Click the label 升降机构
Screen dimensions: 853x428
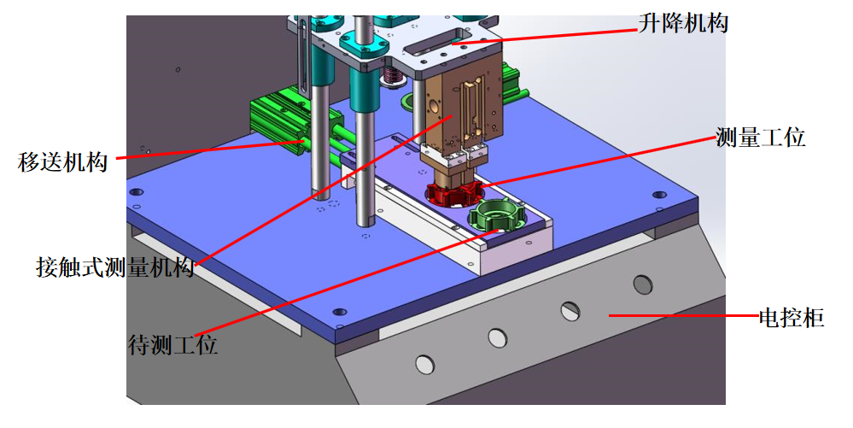pos(683,23)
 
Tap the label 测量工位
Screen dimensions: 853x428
pos(760,137)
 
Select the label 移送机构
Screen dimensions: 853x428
pos(62,161)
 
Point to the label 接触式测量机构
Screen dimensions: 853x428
pos(115,267)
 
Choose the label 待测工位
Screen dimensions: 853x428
pos(173,344)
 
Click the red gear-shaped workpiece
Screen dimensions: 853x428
pos(453,193)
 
